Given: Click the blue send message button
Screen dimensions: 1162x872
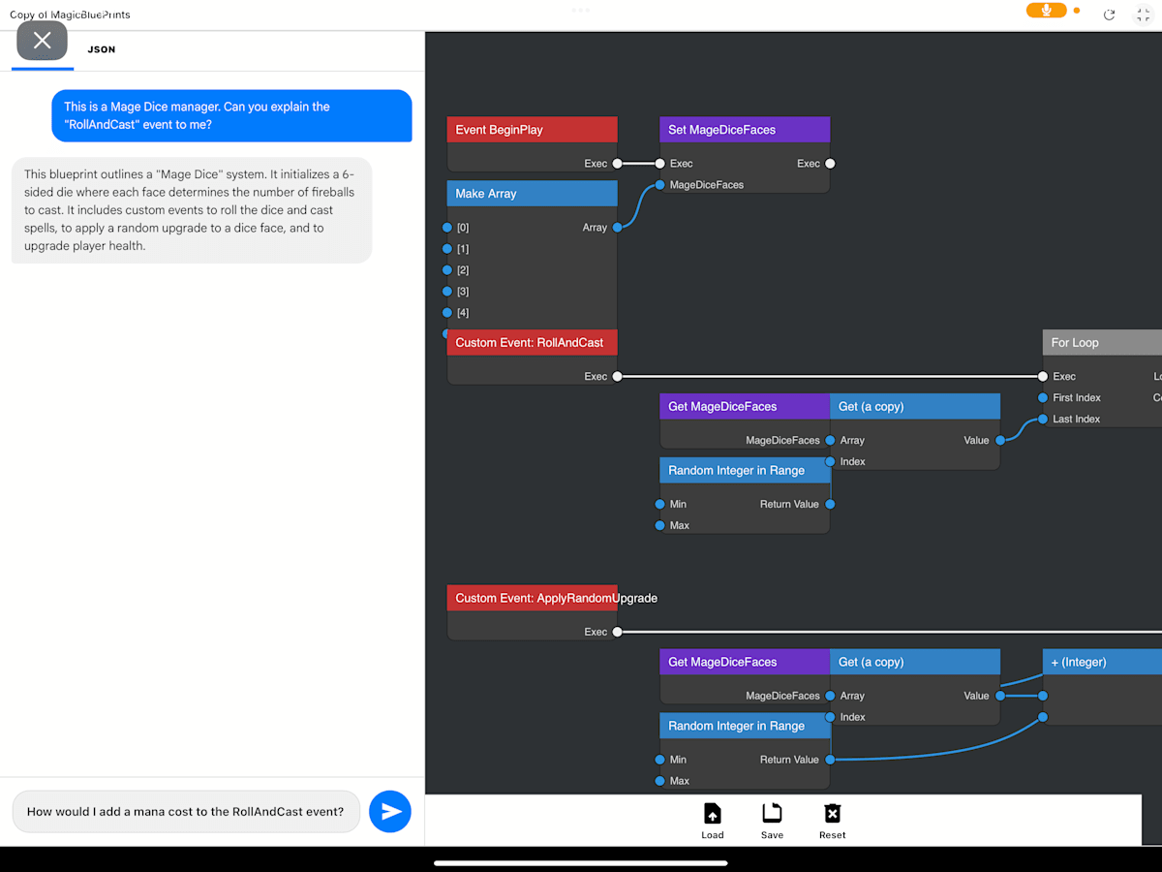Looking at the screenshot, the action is coord(390,812).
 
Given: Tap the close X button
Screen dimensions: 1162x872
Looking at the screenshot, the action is coord(43,41).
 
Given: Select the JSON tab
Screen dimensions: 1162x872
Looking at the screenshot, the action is coord(102,49).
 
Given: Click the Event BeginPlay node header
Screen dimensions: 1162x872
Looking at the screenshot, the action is coord(532,130).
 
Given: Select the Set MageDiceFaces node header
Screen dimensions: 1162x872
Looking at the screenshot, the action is coord(744,130).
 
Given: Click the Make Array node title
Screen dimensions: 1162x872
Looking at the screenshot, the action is coord(532,194).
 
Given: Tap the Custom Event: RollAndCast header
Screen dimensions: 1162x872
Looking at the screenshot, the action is coord(532,343).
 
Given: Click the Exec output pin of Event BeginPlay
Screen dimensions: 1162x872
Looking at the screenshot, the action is coord(617,164).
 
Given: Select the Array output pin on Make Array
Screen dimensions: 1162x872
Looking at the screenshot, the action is coord(617,228).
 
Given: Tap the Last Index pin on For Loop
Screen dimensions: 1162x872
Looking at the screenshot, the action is coord(1043,420).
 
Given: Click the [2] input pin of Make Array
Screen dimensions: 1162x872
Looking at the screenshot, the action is coord(447,270).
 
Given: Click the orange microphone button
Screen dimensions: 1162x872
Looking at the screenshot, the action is coord(1047,11).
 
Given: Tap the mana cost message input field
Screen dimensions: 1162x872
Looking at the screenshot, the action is coord(186,812).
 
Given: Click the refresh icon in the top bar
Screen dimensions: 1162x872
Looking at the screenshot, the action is coord(1110,15).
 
